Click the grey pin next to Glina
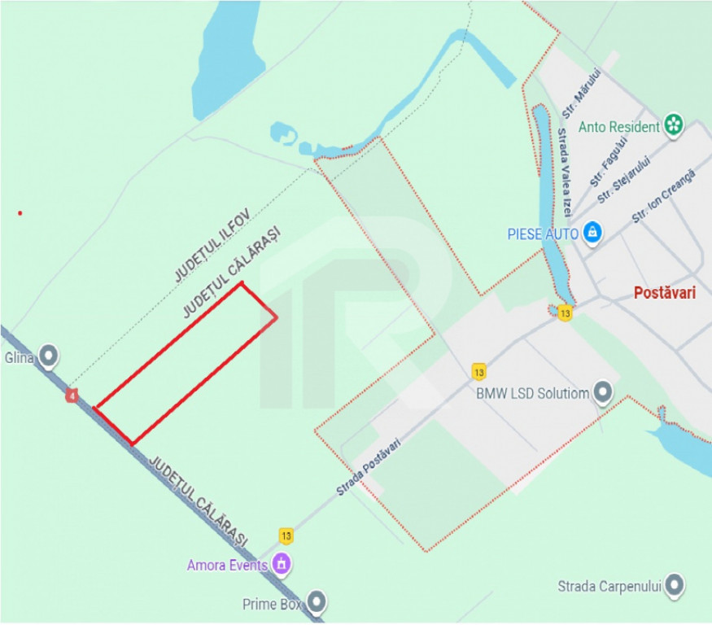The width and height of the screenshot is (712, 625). [50, 355]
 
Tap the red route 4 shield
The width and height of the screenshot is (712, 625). [73, 396]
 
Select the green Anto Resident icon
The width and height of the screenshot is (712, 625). [674, 125]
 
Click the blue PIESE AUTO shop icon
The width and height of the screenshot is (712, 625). [593, 233]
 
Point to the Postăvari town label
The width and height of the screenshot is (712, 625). [664, 294]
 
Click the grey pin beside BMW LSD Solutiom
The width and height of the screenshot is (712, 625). [603, 393]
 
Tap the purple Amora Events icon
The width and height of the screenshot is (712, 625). [282, 563]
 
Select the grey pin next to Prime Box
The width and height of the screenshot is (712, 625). [316, 603]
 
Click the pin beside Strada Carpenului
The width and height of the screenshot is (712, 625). [675, 585]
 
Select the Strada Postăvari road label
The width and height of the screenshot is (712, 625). [369, 466]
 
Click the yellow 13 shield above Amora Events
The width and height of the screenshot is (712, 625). [286, 535]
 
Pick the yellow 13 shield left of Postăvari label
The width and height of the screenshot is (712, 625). [565, 313]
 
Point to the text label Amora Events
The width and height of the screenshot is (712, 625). [227, 565]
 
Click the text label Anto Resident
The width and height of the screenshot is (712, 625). [618, 127]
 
